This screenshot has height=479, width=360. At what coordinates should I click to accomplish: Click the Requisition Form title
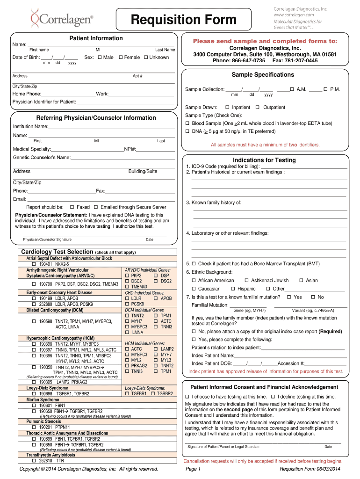pos(183,20)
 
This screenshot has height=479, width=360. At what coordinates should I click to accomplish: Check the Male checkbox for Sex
pos(100,58)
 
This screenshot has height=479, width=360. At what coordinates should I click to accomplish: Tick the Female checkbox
pos(121,58)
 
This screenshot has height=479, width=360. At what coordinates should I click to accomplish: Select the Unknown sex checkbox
pos(145,58)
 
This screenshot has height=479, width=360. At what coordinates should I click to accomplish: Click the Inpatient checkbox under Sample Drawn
pos(227,108)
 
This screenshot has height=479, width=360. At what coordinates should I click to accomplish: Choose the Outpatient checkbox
pos(258,108)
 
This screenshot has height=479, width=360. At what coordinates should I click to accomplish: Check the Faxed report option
pos(72,207)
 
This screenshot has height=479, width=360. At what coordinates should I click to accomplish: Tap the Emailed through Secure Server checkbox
pos(96,207)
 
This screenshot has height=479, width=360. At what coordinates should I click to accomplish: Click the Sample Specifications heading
pos(263,75)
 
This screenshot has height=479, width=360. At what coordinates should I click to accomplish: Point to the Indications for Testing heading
pos(264,160)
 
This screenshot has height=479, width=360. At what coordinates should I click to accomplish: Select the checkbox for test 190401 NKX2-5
pos(34,264)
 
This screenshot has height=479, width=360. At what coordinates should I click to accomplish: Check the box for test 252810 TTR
pos(34,461)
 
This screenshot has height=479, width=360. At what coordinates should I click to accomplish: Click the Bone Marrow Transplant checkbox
pos(194,264)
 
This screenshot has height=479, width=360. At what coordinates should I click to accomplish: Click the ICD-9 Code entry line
pos(303,166)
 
